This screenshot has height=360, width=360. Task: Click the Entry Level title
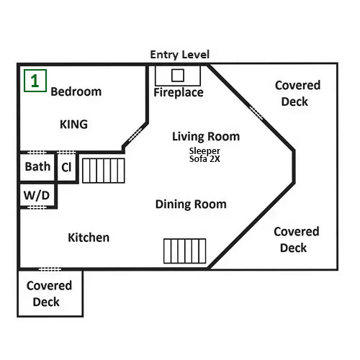180,55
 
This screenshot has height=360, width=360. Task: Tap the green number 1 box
35,81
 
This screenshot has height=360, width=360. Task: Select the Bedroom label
76,91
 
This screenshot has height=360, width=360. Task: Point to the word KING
73,125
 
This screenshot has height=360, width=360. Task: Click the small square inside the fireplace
178,76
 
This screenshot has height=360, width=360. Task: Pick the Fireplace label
179,93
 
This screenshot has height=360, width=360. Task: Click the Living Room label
206,137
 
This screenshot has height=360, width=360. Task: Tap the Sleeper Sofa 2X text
204,155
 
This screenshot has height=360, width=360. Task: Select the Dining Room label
191,204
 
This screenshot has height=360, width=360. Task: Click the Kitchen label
89,238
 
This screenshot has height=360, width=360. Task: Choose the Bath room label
37,166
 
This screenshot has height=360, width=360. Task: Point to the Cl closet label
66,167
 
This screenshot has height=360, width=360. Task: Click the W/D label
37,195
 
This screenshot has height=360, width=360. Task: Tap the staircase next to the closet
104,171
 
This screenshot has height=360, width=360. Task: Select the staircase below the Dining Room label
185,251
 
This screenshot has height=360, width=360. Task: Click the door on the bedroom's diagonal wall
135,135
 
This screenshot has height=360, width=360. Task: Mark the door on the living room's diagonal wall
256,113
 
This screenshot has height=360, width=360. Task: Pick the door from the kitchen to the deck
50,269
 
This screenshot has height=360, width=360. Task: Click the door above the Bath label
37,153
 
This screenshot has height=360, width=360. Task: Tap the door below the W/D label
37,207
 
